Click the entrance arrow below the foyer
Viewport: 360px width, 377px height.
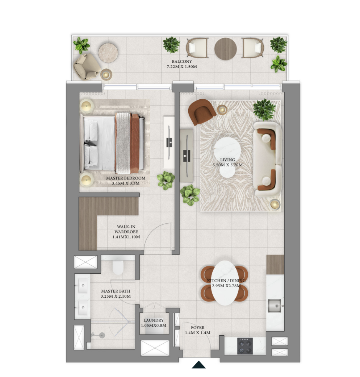point(198,365)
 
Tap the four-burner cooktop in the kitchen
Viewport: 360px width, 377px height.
point(245,346)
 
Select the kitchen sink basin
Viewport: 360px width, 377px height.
point(275,306)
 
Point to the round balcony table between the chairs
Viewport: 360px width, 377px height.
point(226,49)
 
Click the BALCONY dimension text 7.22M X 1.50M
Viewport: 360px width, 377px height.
point(182,67)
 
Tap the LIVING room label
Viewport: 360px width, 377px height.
point(227,160)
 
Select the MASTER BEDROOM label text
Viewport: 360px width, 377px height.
point(126,178)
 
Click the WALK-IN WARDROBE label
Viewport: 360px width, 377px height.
point(126,229)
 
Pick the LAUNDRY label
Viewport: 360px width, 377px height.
point(154,320)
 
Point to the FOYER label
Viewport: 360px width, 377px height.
point(198,327)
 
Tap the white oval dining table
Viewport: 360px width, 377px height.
point(225,283)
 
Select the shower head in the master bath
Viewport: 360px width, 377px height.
point(102,335)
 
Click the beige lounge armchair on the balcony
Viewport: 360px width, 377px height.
point(87,66)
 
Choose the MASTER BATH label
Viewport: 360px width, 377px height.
point(116,291)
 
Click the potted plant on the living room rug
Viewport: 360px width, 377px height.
point(264,109)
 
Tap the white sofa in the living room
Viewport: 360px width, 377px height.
point(268,159)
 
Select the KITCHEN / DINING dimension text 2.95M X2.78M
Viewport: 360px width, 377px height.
point(226,286)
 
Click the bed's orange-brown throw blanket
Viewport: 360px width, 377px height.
point(135,144)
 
